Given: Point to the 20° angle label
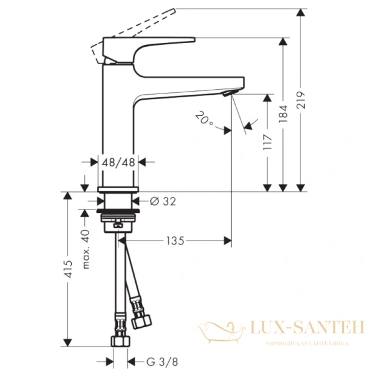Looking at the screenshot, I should [x=204, y=118].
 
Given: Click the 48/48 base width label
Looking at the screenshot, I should [x=118, y=162].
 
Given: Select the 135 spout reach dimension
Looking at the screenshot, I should [x=175, y=240].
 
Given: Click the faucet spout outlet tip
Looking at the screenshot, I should [x=228, y=92].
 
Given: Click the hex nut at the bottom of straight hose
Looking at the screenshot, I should [x=118, y=342].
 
